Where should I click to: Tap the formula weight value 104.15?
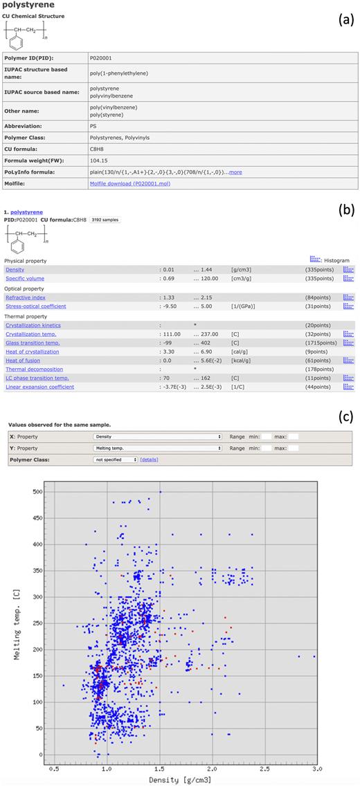[x=99, y=159]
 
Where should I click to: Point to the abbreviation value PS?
[x=93, y=126]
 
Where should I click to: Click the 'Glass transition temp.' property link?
[x=33, y=342]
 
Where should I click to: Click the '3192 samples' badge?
[x=107, y=219]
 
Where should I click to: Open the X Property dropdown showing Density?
[x=157, y=437]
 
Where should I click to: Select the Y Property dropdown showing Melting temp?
[x=157, y=448]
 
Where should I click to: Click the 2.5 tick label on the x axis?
[x=264, y=768]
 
